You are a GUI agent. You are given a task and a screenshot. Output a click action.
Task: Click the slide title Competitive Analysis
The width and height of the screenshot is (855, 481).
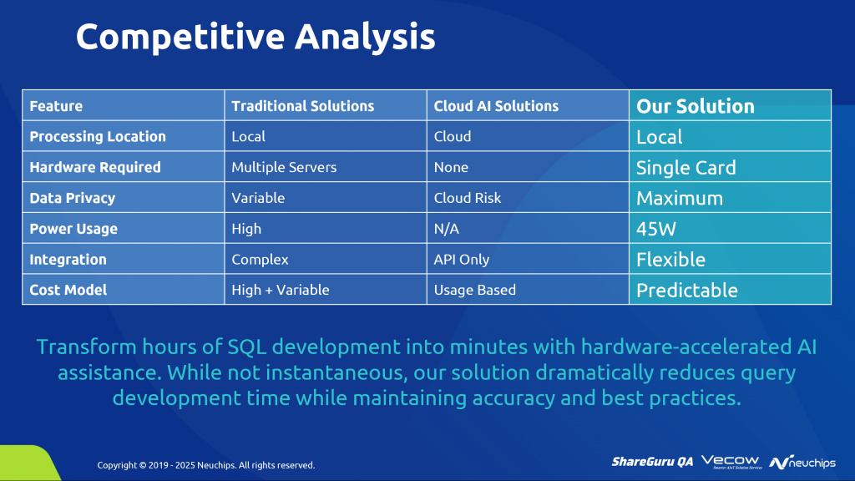pyautogui.click(x=255, y=37)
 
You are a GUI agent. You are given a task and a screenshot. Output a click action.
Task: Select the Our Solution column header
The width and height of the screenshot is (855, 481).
pyautogui.click(x=696, y=106)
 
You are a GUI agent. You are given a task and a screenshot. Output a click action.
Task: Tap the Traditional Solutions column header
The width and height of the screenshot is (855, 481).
pyautogui.click(x=302, y=106)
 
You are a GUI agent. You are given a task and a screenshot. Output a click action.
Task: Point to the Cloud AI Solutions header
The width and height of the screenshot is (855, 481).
pyautogui.click(x=496, y=106)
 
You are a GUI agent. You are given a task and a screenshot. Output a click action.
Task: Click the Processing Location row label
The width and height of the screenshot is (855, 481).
pyautogui.click(x=98, y=136)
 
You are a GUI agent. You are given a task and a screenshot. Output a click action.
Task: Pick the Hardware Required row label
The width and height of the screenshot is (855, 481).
pyautogui.click(x=95, y=167)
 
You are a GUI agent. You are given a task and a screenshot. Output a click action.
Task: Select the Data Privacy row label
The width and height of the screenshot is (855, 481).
pyautogui.click(x=72, y=198)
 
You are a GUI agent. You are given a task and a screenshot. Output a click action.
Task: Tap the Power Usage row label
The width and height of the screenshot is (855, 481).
pyautogui.click(x=73, y=229)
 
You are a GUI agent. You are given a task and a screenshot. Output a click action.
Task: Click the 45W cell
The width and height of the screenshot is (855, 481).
pyautogui.click(x=656, y=229)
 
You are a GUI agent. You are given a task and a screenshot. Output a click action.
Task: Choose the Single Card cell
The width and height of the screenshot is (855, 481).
pyautogui.click(x=686, y=167)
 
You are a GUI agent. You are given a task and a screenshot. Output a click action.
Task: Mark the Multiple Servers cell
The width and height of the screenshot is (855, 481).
pyautogui.click(x=284, y=167)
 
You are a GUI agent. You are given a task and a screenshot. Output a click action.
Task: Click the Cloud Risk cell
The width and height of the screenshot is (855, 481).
pyautogui.click(x=468, y=198)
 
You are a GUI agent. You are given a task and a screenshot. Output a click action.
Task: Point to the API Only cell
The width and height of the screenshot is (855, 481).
pyautogui.click(x=461, y=260)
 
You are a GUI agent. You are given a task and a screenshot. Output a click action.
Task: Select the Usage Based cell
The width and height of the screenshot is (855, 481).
pyautogui.click(x=475, y=290)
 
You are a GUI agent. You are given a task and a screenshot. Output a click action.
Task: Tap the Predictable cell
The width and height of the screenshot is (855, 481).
pyautogui.click(x=687, y=290)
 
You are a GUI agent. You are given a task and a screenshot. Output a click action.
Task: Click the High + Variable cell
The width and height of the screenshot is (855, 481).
pyautogui.click(x=281, y=290)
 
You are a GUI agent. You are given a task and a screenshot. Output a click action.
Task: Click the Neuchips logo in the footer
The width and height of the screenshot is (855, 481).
pyautogui.click(x=802, y=463)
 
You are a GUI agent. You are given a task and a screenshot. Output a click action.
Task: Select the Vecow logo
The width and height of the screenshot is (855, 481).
pyautogui.click(x=731, y=462)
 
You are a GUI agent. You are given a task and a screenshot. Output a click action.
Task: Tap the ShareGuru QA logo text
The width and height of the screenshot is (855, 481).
pyautogui.click(x=652, y=462)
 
